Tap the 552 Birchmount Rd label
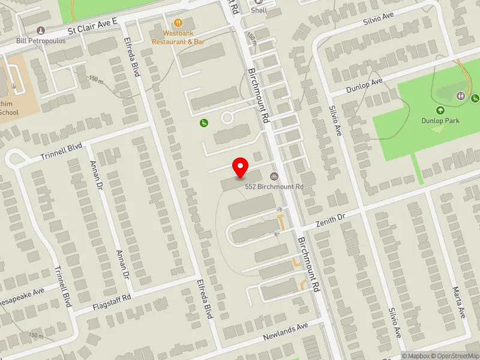[x=275, y=187]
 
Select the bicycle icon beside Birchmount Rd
[x=274, y=176]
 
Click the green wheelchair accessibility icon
[x=204, y=123]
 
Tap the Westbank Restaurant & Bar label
[x=178, y=37]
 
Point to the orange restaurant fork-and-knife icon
[x=178, y=22]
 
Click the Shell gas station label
[x=259, y=10]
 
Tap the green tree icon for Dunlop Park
[x=440, y=110]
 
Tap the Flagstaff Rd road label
[x=111, y=302]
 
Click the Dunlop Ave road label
[x=365, y=85]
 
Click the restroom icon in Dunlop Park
[x=461, y=95]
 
